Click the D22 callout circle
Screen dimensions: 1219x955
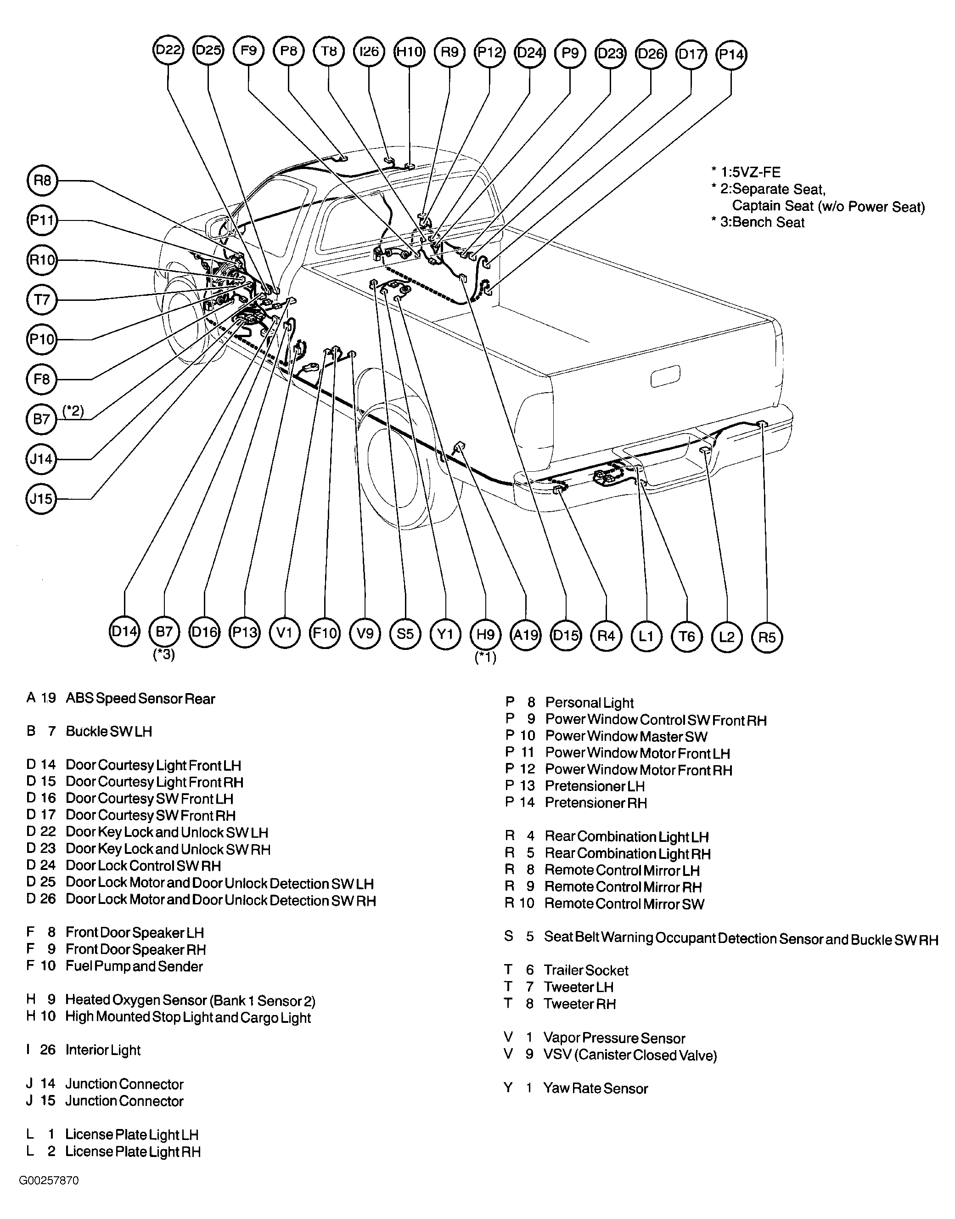click(x=169, y=51)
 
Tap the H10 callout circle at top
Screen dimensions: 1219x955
click(x=409, y=52)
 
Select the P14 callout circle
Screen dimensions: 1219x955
click(x=731, y=54)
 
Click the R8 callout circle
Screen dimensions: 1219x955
click(x=42, y=180)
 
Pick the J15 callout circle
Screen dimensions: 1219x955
click(x=41, y=498)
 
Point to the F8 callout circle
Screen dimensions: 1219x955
click(x=42, y=379)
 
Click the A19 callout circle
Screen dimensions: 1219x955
click(x=526, y=635)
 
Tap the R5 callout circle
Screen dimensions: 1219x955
click(x=767, y=637)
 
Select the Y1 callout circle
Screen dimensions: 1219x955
click(x=445, y=634)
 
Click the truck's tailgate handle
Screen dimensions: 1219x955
click(x=665, y=375)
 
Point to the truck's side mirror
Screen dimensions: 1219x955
click(x=216, y=226)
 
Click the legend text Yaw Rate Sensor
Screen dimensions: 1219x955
click(x=595, y=1088)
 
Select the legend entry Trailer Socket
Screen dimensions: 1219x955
click(x=586, y=970)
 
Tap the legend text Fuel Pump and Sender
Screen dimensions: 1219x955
click(x=134, y=966)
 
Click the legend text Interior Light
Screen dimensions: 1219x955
click(x=103, y=1050)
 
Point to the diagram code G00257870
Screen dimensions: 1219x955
click(x=49, y=1180)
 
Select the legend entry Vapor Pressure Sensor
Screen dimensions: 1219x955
click(x=614, y=1038)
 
